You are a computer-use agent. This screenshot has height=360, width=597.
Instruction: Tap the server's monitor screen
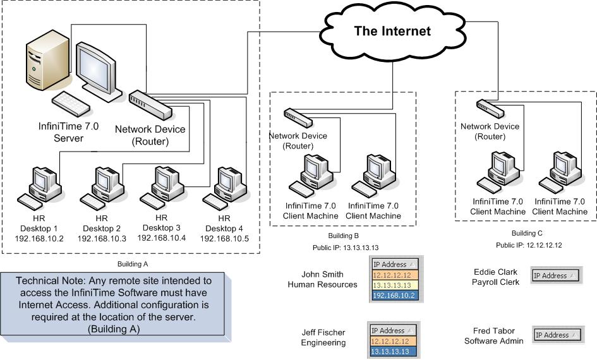point(95,67)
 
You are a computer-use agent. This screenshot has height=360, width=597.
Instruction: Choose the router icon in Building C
point(490,108)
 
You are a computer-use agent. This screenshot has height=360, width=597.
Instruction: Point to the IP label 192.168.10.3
point(102,239)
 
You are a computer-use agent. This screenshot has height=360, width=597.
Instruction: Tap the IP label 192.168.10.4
point(161,238)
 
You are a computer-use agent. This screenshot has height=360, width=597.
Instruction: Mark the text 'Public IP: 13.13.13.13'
point(345,248)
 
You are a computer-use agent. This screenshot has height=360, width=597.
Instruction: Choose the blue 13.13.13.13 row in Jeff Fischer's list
point(392,351)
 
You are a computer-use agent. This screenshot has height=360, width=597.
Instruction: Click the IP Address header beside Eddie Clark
point(554,275)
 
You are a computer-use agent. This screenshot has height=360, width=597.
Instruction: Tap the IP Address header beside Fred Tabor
point(555,335)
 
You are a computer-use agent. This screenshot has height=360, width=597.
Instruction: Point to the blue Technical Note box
point(120,304)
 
